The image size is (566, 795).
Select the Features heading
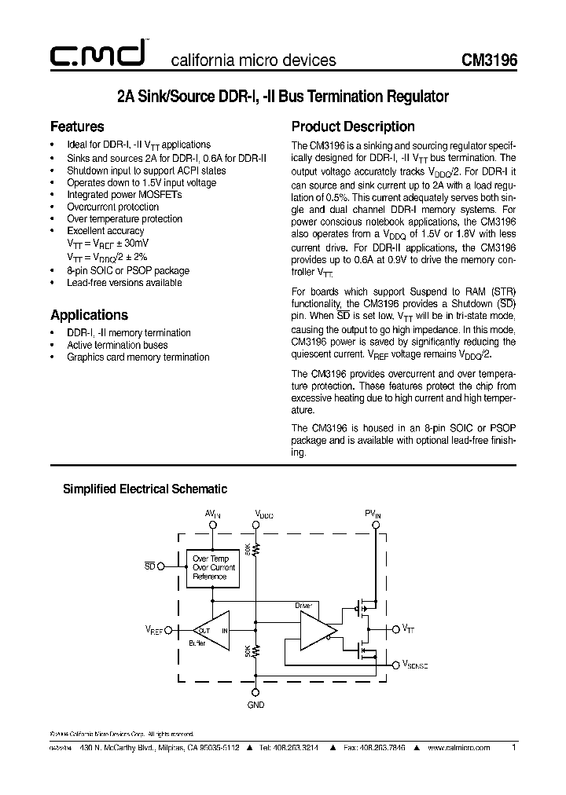[x=77, y=126]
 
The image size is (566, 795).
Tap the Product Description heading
[x=353, y=126]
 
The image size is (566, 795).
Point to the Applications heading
[x=89, y=315]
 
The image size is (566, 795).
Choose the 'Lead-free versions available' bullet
[x=124, y=283]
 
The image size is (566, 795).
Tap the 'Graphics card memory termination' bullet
[x=138, y=357]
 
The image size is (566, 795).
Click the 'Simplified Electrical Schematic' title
[x=145, y=489]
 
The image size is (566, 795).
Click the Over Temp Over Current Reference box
[x=214, y=567]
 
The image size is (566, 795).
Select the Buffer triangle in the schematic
[x=211, y=630]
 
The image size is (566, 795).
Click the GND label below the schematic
[x=255, y=705]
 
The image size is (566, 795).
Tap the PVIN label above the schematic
[x=373, y=514]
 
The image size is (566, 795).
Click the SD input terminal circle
[x=161, y=566]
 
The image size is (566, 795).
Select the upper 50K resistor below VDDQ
[x=255, y=549]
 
